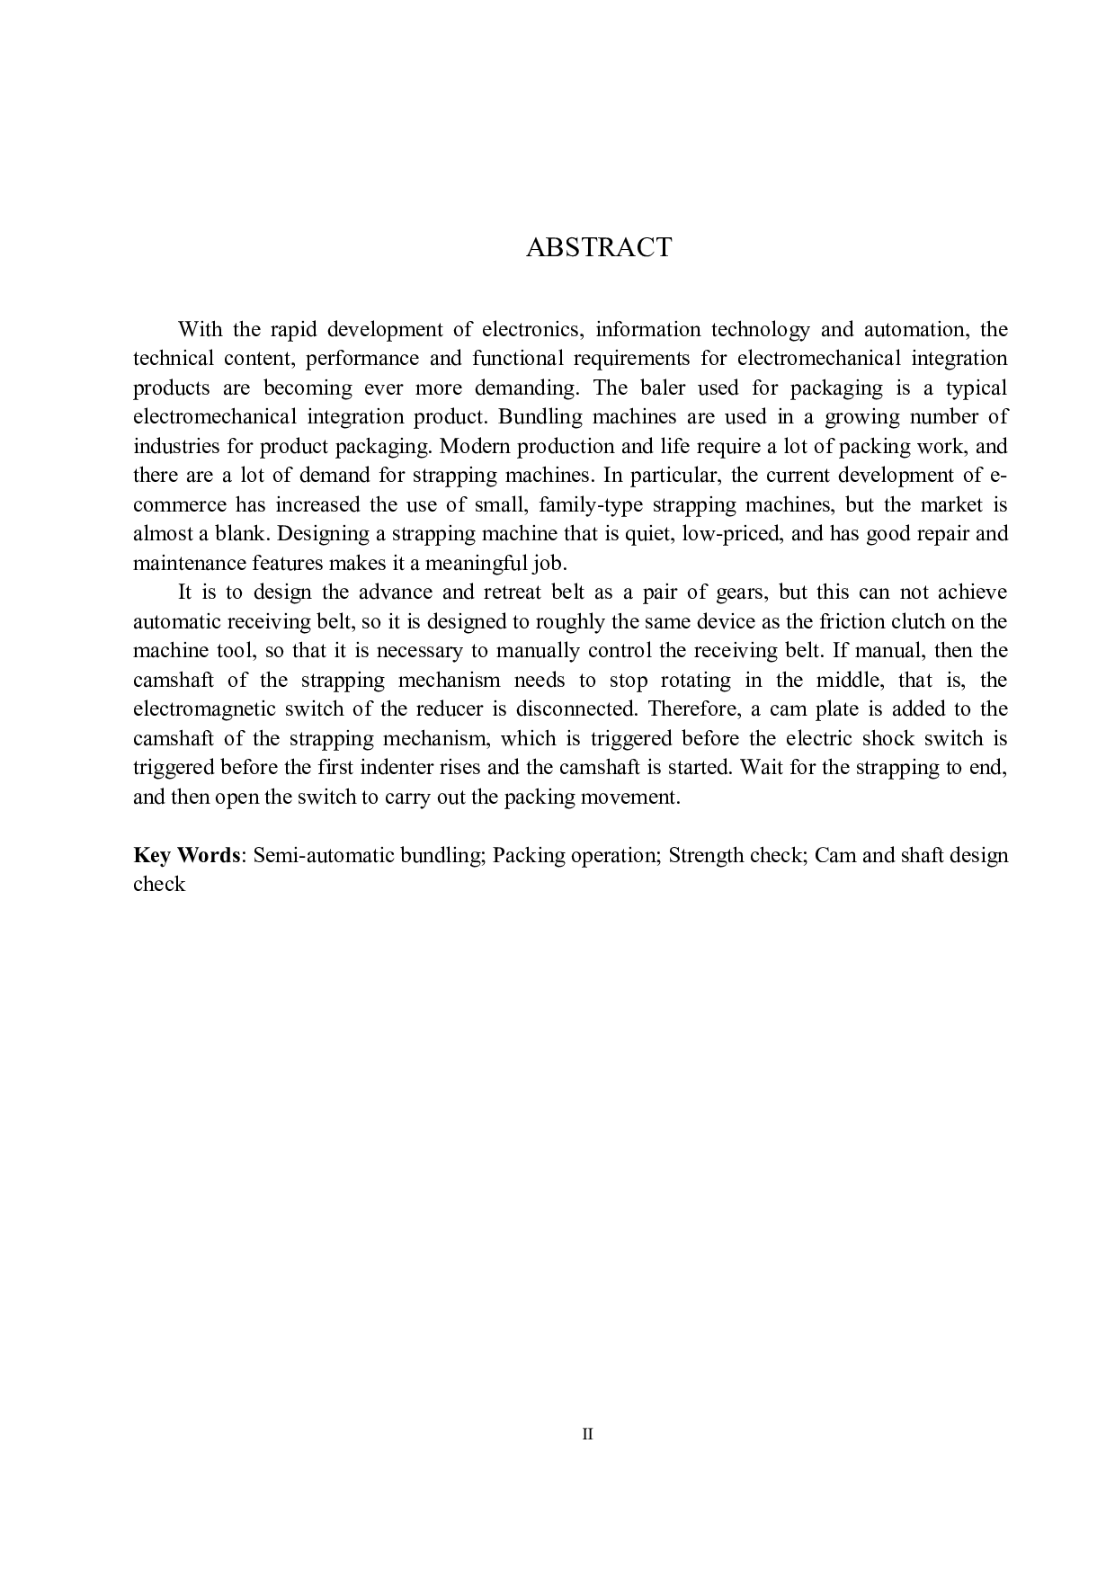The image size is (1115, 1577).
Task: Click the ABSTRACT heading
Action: [598, 248]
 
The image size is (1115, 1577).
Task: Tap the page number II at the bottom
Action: [588, 1434]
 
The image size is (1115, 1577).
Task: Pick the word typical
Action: [976, 388]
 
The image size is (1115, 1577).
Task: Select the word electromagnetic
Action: [204, 709]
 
